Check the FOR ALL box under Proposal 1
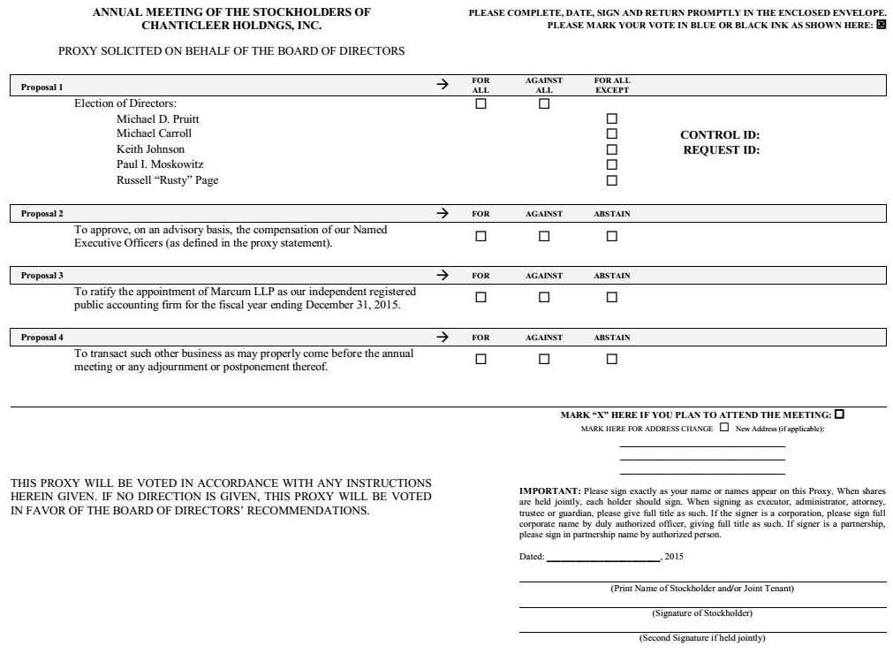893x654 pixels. [481, 103]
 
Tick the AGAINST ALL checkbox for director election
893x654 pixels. [544, 103]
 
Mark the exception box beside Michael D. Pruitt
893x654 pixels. [611, 118]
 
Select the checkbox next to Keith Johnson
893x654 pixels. [611, 149]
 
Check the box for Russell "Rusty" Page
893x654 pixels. [611, 180]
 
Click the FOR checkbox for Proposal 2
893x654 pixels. [481, 236]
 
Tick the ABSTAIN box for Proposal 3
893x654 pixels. [611, 297]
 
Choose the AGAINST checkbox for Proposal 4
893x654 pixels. [544, 359]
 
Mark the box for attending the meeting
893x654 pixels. [839, 414]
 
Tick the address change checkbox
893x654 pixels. [724, 428]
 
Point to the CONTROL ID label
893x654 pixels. [720, 135]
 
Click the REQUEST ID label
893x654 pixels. [721, 150]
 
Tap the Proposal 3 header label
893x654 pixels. [42, 276]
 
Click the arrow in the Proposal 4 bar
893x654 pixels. [443, 338]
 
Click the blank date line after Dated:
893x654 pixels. [604, 558]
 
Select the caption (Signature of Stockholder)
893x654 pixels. [702, 612]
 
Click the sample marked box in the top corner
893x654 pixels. [881, 25]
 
